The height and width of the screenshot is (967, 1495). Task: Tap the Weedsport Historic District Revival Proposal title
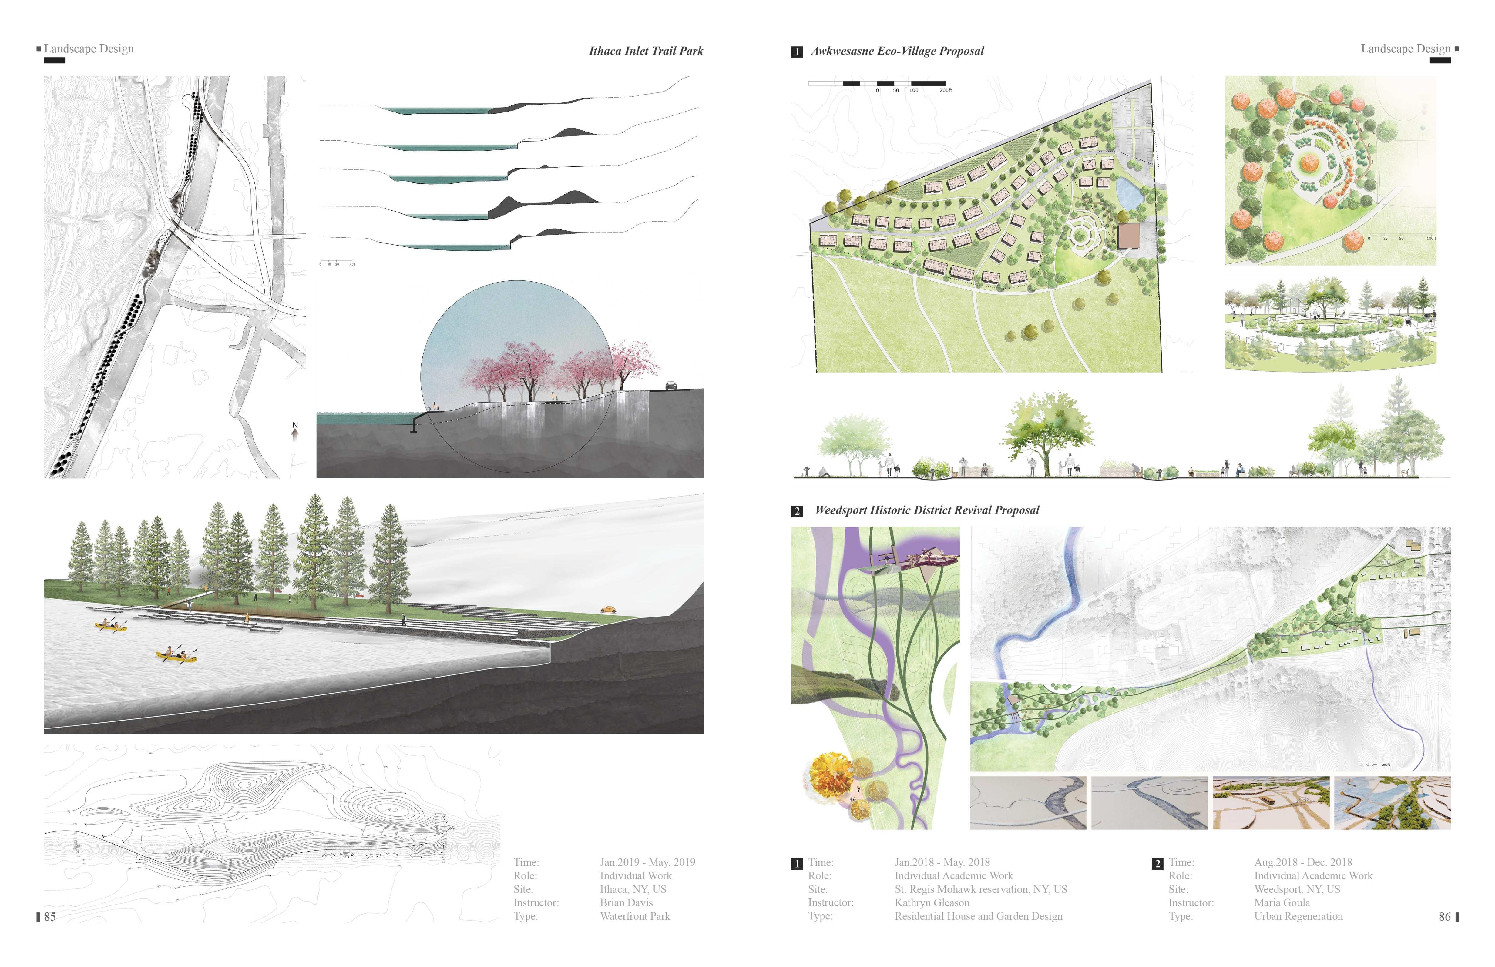[x=926, y=510]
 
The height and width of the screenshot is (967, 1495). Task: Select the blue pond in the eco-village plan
[x=1129, y=192]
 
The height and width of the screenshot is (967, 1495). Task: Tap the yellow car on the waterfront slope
[x=608, y=609]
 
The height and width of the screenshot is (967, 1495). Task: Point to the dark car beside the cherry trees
[x=671, y=386]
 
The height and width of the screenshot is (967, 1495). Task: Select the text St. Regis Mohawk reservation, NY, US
[x=981, y=889]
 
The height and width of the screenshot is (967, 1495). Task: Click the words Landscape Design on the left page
[x=89, y=49]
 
